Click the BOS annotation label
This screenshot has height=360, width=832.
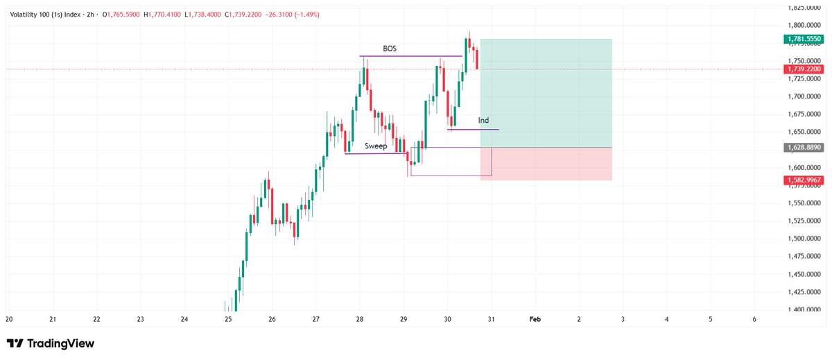click(x=390, y=49)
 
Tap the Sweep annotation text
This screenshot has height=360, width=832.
click(x=376, y=146)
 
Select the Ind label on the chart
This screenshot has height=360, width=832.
click(x=483, y=121)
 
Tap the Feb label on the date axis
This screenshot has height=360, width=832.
click(x=535, y=320)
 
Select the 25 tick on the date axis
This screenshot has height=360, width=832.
click(x=228, y=320)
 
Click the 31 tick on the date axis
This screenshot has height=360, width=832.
click(x=491, y=320)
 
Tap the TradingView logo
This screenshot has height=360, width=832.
click(x=50, y=343)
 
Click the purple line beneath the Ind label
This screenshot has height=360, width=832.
click(x=473, y=130)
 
